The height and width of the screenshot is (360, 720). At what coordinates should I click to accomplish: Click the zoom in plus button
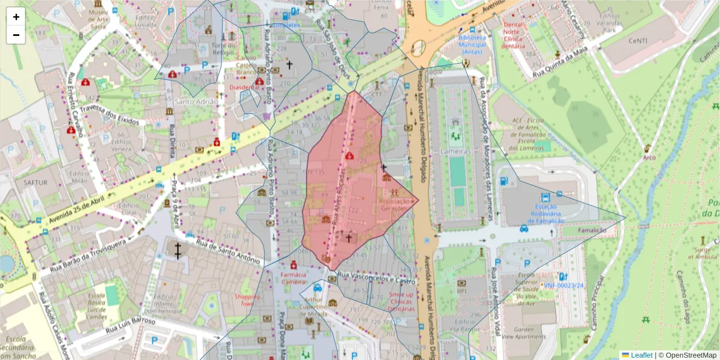click(x=16, y=17)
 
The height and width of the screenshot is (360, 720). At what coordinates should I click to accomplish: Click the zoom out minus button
click(x=16, y=35)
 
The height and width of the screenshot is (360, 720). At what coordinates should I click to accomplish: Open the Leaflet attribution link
click(x=641, y=355)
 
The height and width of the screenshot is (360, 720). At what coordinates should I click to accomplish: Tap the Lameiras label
click(x=454, y=151)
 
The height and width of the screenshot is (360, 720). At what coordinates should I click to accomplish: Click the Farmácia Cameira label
click(x=293, y=278)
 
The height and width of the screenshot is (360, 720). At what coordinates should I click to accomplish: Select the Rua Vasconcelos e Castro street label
click(x=376, y=278)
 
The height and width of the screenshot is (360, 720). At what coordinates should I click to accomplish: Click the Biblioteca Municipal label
click(x=472, y=44)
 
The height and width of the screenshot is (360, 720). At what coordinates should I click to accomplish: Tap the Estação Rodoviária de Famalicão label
click(x=545, y=214)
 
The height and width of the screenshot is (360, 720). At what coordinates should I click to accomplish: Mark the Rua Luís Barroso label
click(x=130, y=326)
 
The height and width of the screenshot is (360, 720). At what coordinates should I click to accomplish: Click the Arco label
click(x=648, y=158)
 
